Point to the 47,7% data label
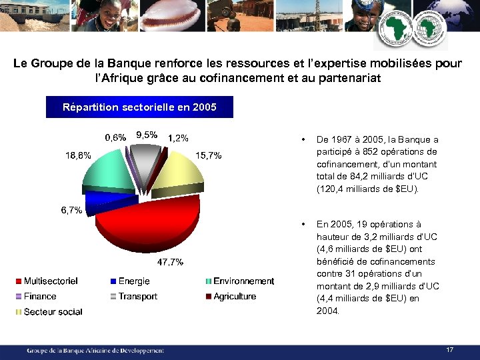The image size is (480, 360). (170, 262)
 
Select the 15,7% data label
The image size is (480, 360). (208, 155)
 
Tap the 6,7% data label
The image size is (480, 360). (71, 211)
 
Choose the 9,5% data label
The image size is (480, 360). (147, 135)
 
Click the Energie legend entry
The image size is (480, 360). (133, 281)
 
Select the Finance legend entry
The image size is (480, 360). (40, 297)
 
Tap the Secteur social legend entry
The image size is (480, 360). (53, 312)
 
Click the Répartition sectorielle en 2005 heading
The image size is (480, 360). (139, 107)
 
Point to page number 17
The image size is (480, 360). (450, 349)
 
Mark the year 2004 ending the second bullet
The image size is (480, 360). (327, 311)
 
